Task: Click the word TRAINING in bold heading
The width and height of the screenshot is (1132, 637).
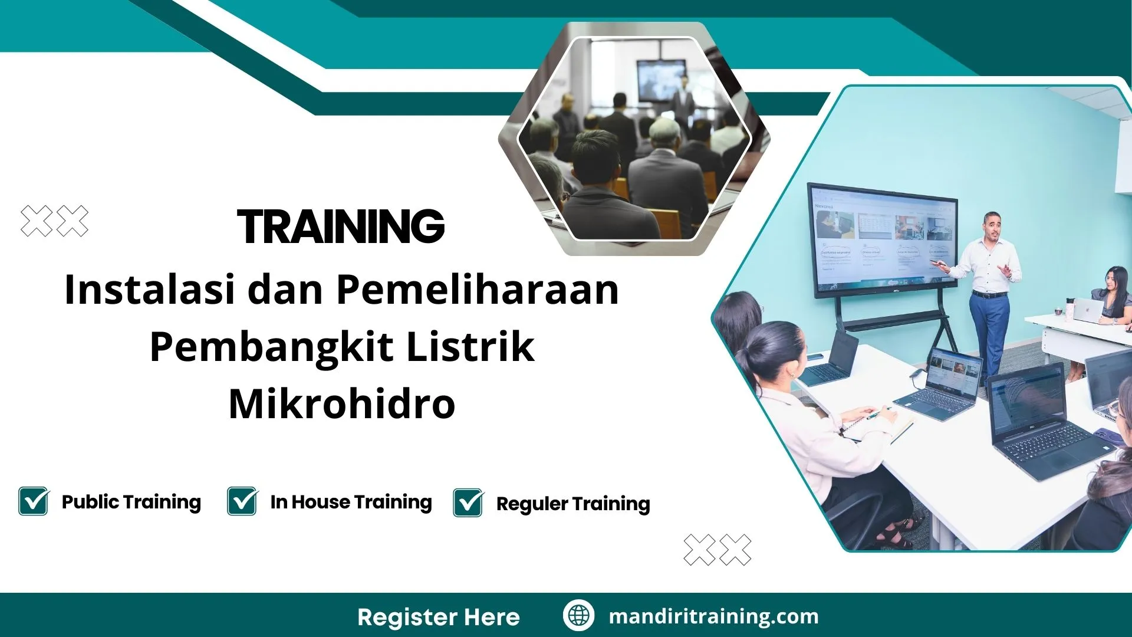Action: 341,226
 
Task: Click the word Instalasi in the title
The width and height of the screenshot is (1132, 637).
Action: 149,290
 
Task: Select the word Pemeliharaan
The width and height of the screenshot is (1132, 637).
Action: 478,290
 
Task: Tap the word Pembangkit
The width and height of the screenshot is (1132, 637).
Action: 272,347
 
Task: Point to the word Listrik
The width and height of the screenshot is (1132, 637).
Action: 470,347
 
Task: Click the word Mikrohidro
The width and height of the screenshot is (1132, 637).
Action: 342,404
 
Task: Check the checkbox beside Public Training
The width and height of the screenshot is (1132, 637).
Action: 34,501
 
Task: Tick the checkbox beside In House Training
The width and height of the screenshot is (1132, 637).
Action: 242,501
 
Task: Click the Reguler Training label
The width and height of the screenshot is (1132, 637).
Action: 573,504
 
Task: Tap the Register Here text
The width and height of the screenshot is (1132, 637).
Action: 439,617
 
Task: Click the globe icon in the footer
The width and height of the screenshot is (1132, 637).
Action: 578,615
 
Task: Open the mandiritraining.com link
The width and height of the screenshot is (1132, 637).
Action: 713,616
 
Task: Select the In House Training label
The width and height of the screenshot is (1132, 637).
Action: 351,502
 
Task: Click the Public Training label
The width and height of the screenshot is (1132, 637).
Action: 131,502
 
